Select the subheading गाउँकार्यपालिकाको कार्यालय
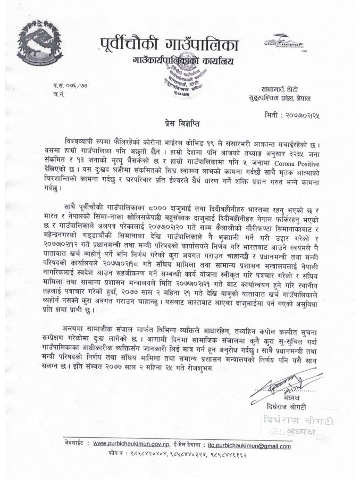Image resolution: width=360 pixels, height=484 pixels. (x=183, y=62)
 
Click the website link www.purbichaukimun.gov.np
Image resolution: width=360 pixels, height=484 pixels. (x=140, y=443)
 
